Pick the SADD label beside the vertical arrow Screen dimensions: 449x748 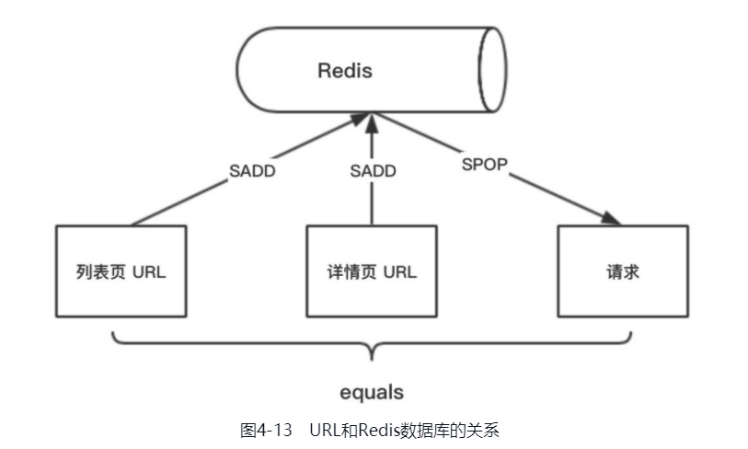373,171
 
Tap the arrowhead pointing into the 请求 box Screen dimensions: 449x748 612,220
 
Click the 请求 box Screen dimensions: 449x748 623,271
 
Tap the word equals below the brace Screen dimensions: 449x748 371,393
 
